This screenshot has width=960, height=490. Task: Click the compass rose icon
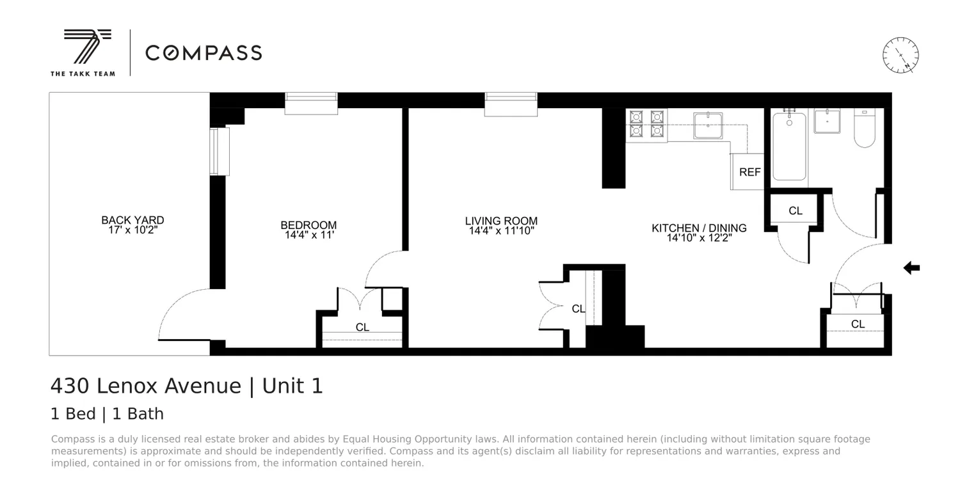point(900,55)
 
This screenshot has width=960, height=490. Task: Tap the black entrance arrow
point(911,268)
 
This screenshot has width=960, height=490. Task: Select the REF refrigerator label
point(750,172)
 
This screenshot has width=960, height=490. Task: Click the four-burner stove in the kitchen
point(646,124)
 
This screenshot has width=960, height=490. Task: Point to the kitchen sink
point(708,125)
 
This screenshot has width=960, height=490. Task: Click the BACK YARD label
point(132,220)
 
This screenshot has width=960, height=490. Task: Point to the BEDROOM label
point(308,225)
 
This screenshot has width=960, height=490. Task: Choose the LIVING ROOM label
point(501,221)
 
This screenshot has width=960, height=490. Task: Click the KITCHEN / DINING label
point(699,228)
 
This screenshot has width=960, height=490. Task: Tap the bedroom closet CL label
point(362,328)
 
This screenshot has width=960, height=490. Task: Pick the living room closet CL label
point(579,309)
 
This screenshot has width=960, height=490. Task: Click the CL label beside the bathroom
point(796,210)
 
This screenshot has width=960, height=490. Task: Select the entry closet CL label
point(858,324)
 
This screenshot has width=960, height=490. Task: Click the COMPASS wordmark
point(204,53)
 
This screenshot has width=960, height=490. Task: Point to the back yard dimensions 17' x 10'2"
point(132,230)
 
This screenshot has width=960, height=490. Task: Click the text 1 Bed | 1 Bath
point(107,414)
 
